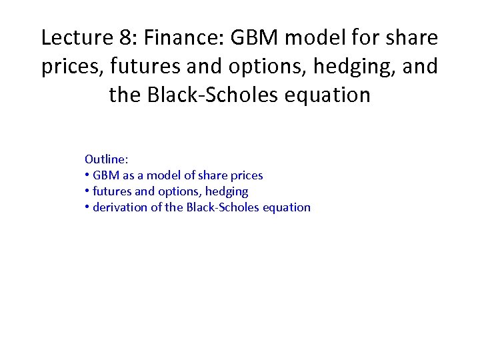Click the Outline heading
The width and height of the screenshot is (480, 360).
(x=106, y=159)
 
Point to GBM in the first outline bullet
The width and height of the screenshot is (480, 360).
(x=105, y=175)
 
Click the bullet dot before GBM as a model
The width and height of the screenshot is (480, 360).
(x=87, y=176)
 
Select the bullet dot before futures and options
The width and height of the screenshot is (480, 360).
(x=87, y=192)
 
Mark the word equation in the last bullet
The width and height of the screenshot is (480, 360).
(x=287, y=207)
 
